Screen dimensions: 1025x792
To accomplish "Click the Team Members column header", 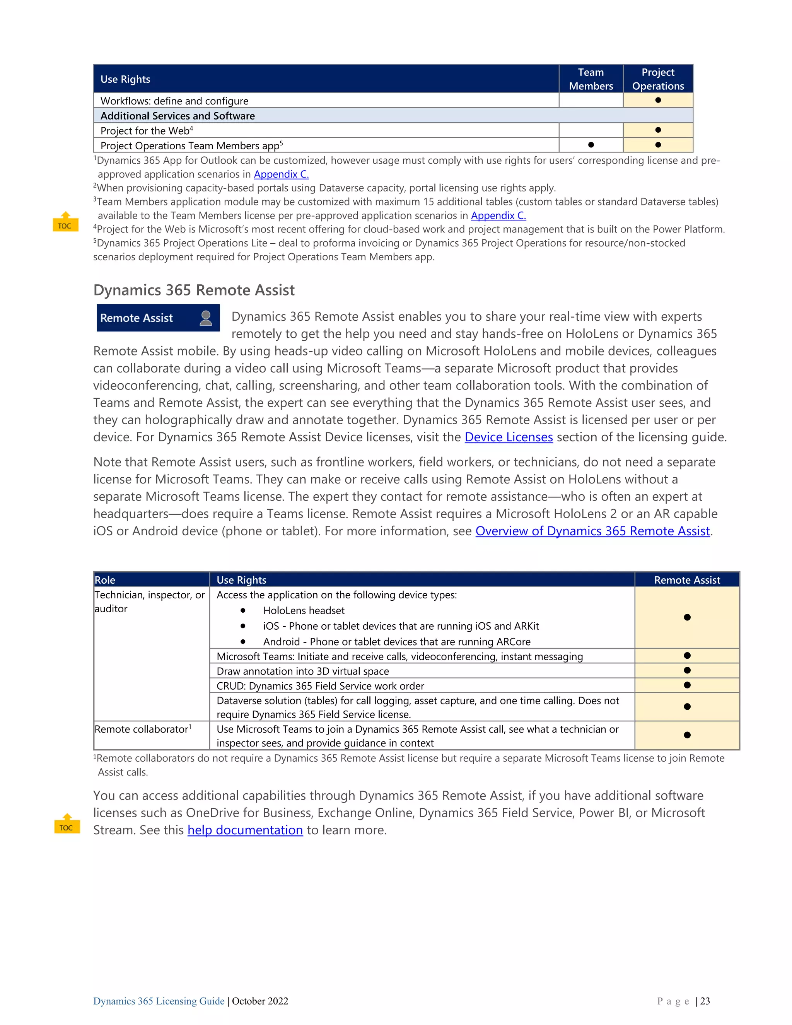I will [x=591, y=79].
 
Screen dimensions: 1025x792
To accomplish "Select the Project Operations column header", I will [x=658, y=79].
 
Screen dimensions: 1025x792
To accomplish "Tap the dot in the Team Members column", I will [x=591, y=145].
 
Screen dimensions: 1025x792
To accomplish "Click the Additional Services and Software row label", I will [x=178, y=116].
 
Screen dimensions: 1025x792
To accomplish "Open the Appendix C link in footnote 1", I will [x=281, y=174].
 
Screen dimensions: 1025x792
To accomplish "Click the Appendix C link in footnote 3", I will [x=498, y=216].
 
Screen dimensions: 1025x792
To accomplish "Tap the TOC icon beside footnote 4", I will [x=65, y=222].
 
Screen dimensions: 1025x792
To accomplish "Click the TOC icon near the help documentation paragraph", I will [x=67, y=824].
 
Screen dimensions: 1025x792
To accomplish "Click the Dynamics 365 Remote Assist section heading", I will [x=194, y=290].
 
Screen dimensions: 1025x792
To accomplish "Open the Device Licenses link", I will [x=509, y=437].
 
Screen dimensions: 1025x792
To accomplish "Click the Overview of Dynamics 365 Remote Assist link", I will [x=592, y=531].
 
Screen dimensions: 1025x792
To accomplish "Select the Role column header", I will [x=105, y=580].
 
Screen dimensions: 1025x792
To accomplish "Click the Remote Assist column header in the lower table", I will [x=687, y=580].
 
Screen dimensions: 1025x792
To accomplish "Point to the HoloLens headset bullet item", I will [x=304, y=611].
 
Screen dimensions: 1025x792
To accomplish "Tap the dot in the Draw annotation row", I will [x=687, y=671].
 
